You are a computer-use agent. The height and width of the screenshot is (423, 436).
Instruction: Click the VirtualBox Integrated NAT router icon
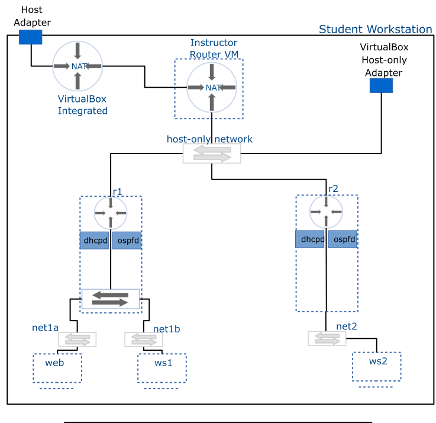tap(77, 66)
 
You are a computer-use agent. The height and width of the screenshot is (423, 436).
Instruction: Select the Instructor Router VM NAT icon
tap(212, 88)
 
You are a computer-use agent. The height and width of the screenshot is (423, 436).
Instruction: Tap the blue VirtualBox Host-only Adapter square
tap(381, 85)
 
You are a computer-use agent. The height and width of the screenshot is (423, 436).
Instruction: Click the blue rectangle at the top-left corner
tap(30, 37)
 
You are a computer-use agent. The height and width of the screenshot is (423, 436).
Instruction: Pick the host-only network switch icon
tap(212, 153)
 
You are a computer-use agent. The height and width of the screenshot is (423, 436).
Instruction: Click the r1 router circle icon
tap(111, 213)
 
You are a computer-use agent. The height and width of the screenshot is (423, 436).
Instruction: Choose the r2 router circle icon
tap(326, 212)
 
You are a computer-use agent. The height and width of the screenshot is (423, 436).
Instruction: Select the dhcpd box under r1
tap(95, 241)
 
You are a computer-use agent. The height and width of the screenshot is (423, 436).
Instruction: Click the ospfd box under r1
tap(127, 241)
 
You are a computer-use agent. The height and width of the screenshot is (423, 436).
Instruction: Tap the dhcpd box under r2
tap(310, 239)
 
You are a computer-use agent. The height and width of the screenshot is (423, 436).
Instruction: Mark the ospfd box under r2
tap(343, 239)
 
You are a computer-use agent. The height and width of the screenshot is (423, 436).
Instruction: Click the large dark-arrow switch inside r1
tap(110, 299)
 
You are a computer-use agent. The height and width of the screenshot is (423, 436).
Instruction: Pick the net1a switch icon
tap(77, 339)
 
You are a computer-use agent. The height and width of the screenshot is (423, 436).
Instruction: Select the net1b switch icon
tap(144, 339)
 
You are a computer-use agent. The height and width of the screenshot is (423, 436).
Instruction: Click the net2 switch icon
tap(327, 338)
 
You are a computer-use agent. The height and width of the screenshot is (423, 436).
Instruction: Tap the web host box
tap(57, 368)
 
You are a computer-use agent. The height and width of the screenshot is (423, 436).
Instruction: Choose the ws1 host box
tap(162, 368)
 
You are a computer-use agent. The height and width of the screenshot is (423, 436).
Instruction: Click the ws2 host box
tap(376, 367)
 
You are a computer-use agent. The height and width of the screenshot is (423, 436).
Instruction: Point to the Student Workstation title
tap(375, 29)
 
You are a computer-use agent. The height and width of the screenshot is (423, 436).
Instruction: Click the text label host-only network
tap(209, 139)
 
